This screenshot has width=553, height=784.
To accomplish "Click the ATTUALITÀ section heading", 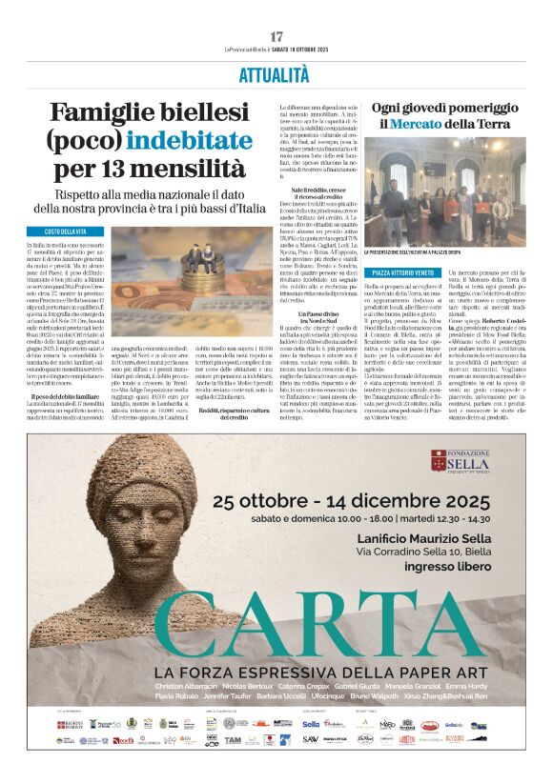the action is tap(276, 73).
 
